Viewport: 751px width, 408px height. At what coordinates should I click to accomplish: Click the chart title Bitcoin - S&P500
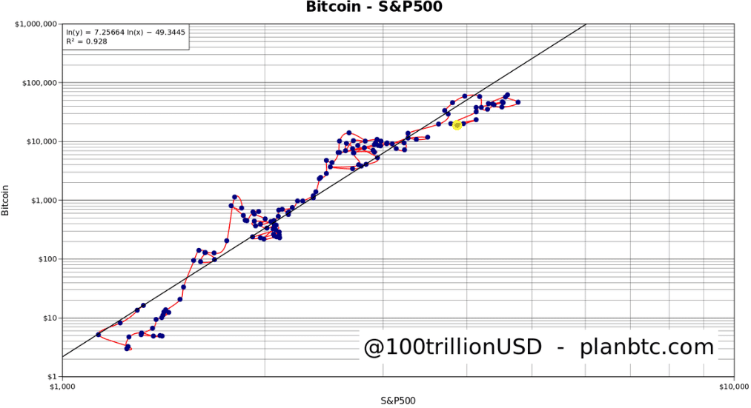pyautogui.click(x=375, y=7)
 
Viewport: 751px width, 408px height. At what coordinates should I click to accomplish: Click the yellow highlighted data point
pyautogui.click(x=457, y=125)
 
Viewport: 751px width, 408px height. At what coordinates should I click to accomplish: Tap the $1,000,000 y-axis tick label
pyautogui.click(x=36, y=24)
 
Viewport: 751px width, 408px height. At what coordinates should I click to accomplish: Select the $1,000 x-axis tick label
pyautogui.click(x=62, y=386)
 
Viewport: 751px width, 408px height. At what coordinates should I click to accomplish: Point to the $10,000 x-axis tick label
pyautogui.click(x=733, y=386)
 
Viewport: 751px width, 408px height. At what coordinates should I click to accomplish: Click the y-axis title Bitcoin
pyautogui.click(x=6, y=200)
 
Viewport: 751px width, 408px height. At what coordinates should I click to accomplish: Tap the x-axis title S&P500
pyautogui.click(x=398, y=400)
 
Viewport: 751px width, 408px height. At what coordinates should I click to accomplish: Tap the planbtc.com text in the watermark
pyautogui.click(x=646, y=347)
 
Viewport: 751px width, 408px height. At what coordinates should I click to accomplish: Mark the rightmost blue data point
pyautogui.click(x=518, y=102)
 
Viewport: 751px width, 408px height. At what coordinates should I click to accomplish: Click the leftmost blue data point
pyautogui.click(x=98, y=335)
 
